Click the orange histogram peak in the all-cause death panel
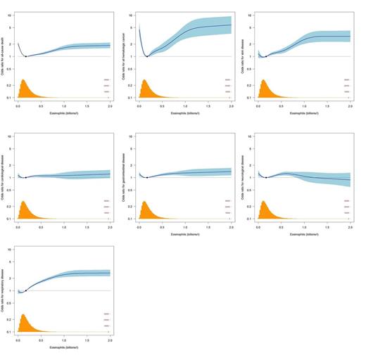[23, 82]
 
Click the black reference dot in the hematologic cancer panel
[146, 56]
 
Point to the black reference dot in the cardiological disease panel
[26, 178]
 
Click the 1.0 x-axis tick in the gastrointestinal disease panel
[185, 225]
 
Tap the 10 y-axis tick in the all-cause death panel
[12, 15]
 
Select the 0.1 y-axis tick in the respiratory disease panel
[11, 331]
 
